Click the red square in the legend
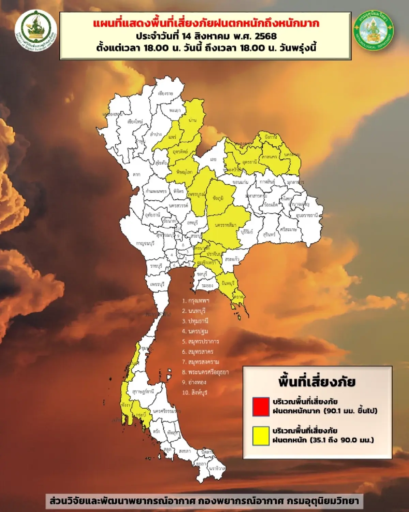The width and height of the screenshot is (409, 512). [x=261, y=407]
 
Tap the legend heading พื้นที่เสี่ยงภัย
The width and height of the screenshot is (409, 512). [x=317, y=382]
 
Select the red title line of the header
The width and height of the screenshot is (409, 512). [x=206, y=24]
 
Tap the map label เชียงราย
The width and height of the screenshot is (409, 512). [x=166, y=93]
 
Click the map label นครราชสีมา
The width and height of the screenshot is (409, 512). [x=226, y=225]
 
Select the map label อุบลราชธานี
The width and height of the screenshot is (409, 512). [x=307, y=215]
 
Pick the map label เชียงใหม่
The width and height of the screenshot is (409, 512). [x=135, y=122]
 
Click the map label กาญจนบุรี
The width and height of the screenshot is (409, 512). [x=145, y=243]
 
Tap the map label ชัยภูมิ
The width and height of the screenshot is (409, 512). [x=218, y=198]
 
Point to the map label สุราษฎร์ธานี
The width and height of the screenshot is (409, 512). [x=143, y=392]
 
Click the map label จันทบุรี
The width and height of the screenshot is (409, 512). [x=228, y=283]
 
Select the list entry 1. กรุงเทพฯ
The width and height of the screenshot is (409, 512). [x=196, y=301]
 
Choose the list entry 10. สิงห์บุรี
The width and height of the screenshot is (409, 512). [x=195, y=393]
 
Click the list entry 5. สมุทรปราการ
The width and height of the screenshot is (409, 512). [x=200, y=341]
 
